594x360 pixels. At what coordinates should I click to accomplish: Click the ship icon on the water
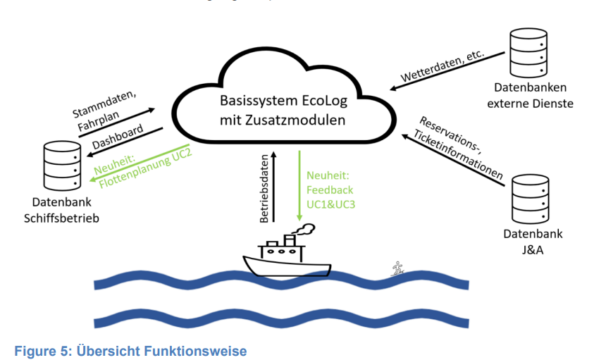[281, 256]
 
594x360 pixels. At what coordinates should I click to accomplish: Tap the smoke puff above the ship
[304, 227]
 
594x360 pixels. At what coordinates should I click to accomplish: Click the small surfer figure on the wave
[398, 268]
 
